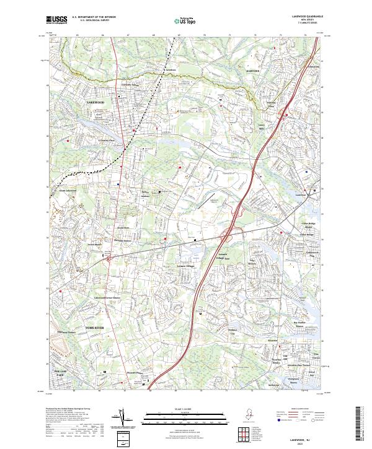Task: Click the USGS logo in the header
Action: tap(56, 20)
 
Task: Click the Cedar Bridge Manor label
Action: tap(308, 225)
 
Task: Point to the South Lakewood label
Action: tap(68, 191)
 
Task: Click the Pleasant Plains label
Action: tap(135, 372)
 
